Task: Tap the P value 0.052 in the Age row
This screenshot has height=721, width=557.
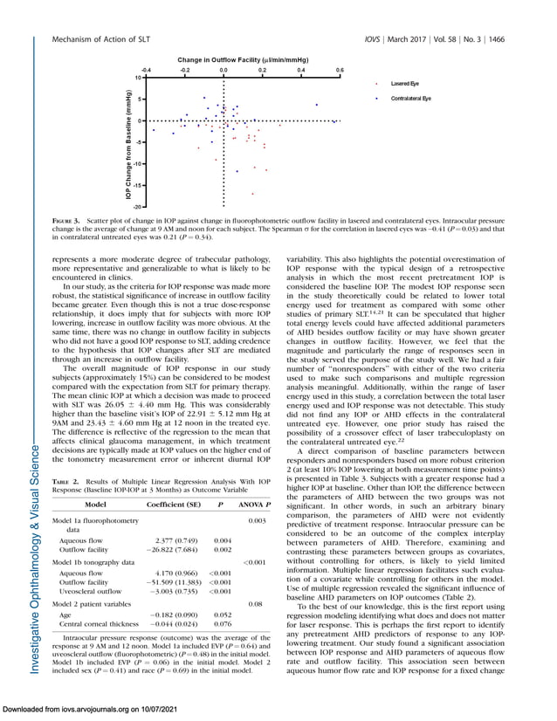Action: coord(223,615)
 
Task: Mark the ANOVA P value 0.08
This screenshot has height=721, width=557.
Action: coord(256,603)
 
